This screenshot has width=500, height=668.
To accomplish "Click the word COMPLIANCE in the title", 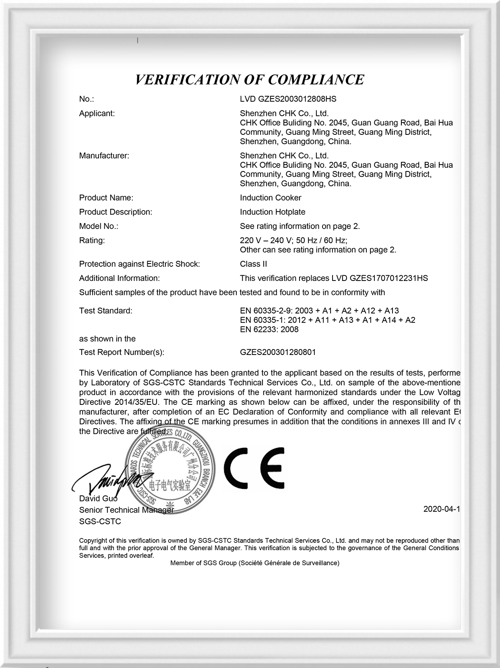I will pos(316,79).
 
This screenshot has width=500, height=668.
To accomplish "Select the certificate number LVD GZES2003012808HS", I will pos(288,99).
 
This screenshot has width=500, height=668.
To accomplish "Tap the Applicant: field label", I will pos(97,113).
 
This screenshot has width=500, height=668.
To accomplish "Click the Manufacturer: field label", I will pos(104,156).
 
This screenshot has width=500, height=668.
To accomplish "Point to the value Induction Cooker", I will pos(271,198).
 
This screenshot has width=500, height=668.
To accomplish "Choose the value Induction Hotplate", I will pos(273,212).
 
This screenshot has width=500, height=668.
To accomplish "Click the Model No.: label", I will pos(99,226).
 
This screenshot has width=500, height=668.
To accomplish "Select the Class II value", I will pos(253,264).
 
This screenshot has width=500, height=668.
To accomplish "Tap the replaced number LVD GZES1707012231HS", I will pos(380,278).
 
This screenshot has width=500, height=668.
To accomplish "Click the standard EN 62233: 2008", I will pos(269,329).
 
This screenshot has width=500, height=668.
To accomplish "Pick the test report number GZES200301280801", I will pos(278,352).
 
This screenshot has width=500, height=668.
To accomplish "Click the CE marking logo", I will pos(254,467).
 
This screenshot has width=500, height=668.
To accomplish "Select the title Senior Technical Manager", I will pos(126,510).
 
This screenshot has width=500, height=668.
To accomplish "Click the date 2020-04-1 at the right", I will pos(441,509).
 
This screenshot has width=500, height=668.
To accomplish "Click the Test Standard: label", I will pos(105,311).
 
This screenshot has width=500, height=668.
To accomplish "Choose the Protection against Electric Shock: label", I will pos(139,264).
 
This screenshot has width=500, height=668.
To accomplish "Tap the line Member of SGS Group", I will pos(254,563).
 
